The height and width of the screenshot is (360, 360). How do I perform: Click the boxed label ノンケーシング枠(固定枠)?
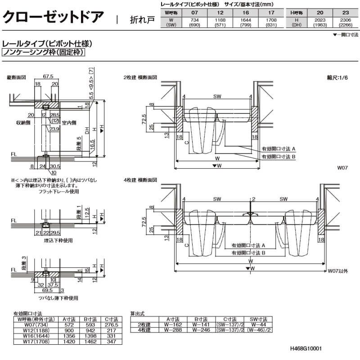coord(44,53)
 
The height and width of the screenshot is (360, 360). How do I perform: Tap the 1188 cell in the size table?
coord(220,20)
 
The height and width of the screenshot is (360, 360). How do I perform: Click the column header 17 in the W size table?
coord(269,12)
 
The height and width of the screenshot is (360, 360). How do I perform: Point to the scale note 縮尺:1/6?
coord(337,77)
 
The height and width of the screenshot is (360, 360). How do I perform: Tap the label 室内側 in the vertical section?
coord(69,122)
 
